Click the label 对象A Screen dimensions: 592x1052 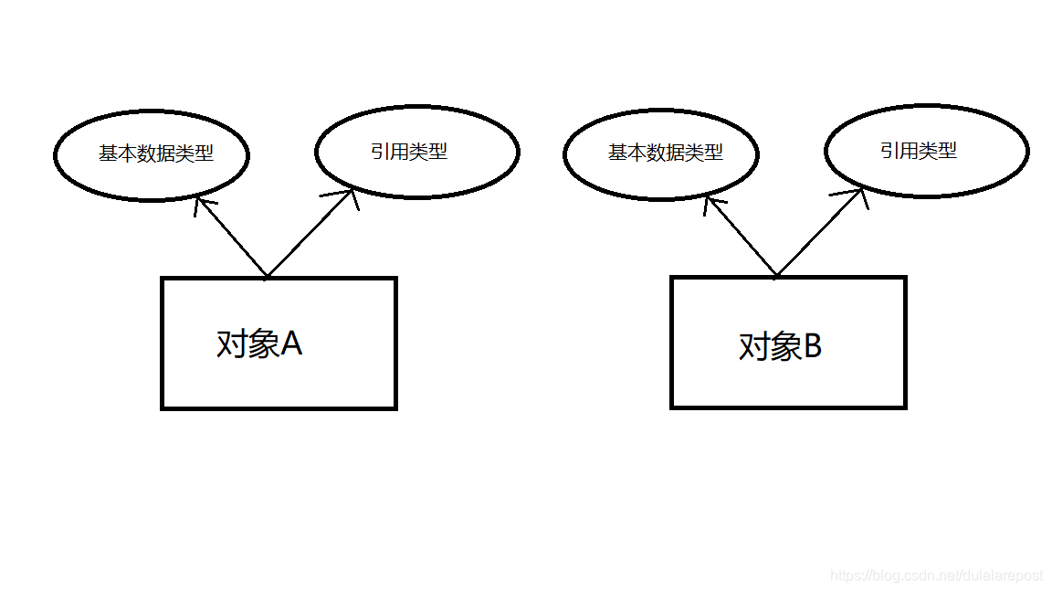[x=258, y=344]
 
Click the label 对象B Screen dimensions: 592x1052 [x=780, y=347]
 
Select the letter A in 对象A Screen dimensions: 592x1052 [x=291, y=344]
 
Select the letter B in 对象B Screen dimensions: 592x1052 [x=812, y=347]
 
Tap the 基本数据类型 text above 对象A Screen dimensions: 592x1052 [x=156, y=153]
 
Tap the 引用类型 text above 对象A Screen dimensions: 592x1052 [x=409, y=152]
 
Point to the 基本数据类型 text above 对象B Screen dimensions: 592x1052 [x=666, y=153]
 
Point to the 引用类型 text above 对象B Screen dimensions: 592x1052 [x=919, y=151]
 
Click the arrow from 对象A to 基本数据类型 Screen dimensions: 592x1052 [x=231, y=238]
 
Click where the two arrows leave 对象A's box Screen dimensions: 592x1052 [x=267, y=276]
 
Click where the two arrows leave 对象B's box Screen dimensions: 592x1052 [x=776, y=276]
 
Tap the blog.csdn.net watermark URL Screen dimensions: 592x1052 [x=936, y=576]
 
